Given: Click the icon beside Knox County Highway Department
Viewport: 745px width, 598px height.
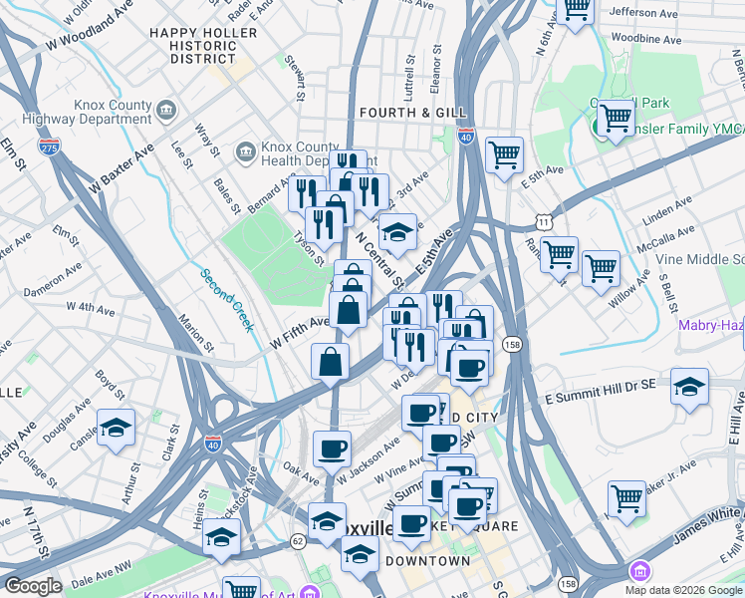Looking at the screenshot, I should (x=166, y=109).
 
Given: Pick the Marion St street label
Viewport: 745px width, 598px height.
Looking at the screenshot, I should (x=196, y=334).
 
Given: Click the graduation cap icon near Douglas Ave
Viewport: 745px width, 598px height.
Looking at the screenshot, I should (x=117, y=428).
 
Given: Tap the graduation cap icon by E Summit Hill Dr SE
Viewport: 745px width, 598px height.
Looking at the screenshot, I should (x=689, y=386).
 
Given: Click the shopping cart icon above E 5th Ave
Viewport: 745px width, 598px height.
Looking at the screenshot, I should (x=505, y=154).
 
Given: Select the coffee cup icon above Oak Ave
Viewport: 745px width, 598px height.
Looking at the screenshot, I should (x=332, y=448).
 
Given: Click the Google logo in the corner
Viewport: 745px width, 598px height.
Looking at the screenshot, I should (x=33, y=587).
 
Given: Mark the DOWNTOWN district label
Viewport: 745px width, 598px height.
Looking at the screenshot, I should (x=427, y=561).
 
